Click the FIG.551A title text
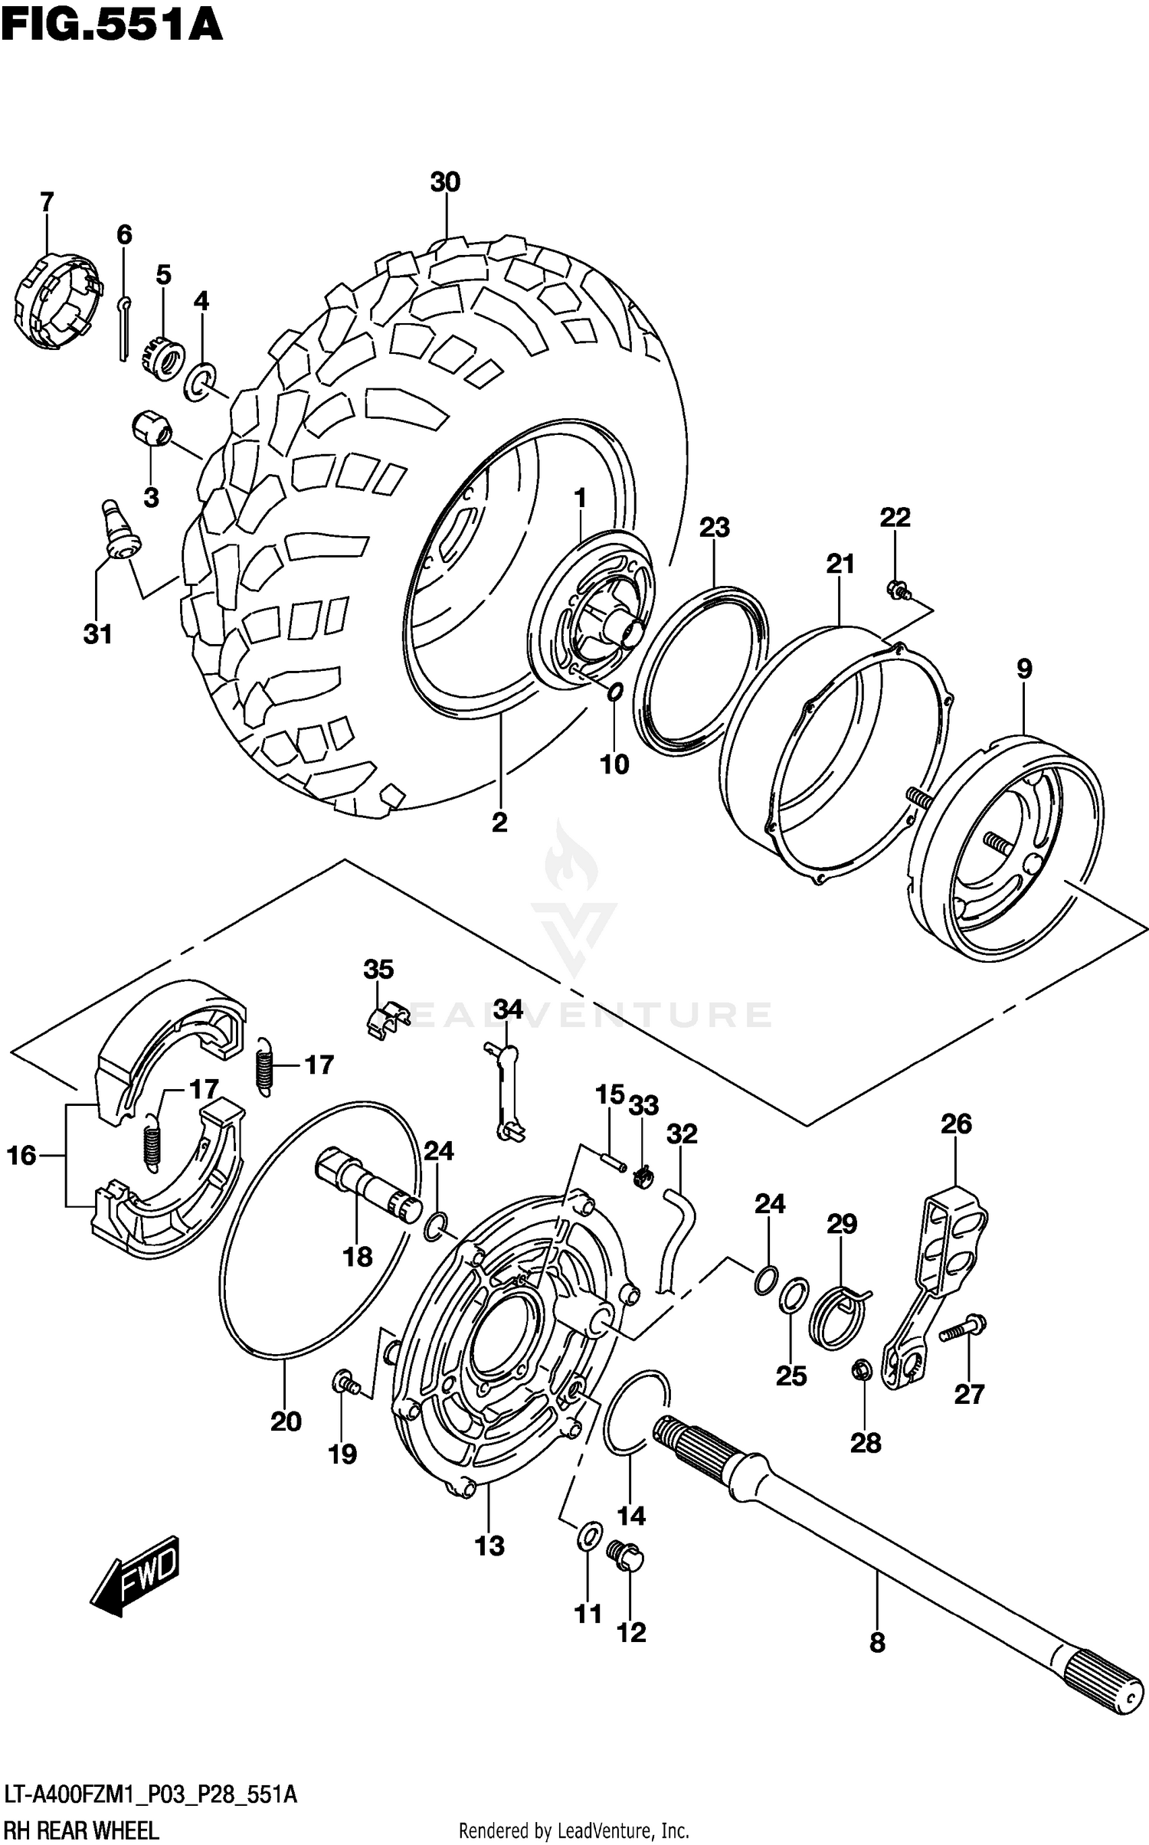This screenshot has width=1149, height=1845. click(x=111, y=25)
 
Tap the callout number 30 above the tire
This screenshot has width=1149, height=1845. click(x=445, y=182)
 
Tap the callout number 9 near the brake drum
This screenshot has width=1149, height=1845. click(x=1024, y=669)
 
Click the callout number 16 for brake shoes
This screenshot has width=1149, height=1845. click(x=22, y=1156)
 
